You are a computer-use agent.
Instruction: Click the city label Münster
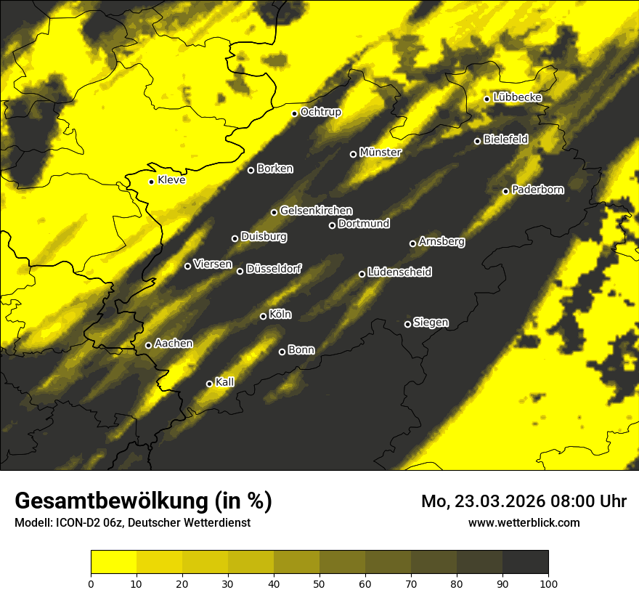pyautogui.click(x=380, y=153)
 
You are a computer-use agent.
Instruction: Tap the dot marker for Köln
pyautogui.click(x=264, y=316)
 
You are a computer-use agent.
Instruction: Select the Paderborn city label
pyautogui.click(x=538, y=190)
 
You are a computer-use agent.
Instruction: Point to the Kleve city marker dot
pyautogui.click(x=152, y=182)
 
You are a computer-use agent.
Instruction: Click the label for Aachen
pyautogui.click(x=174, y=344)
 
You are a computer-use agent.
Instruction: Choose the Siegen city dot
pyautogui.click(x=407, y=324)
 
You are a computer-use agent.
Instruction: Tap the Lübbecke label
pyautogui.click(x=518, y=97)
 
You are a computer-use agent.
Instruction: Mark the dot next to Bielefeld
pyautogui.click(x=478, y=141)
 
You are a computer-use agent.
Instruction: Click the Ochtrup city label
pyautogui.click(x=321, y=112)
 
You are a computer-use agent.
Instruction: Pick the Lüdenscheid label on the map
pyautogui.click(x=400, y=272)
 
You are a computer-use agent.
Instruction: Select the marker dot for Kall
pyautogui.click(x=210, y=384)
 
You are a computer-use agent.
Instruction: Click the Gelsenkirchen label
pyautogui.click(x=317, y=211)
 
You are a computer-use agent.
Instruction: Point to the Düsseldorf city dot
pyautogui.click(x=240, y=271)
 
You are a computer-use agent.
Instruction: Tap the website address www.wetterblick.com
pyautogui.click(x=524, y=522)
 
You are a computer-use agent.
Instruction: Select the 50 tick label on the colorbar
pyautogui.click(x=319, y=583)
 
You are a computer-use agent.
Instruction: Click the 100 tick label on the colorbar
pyautogui.click(x=548, y=583)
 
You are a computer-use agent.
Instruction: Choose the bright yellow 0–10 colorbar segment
pyautogui.click(x=113, y=562)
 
